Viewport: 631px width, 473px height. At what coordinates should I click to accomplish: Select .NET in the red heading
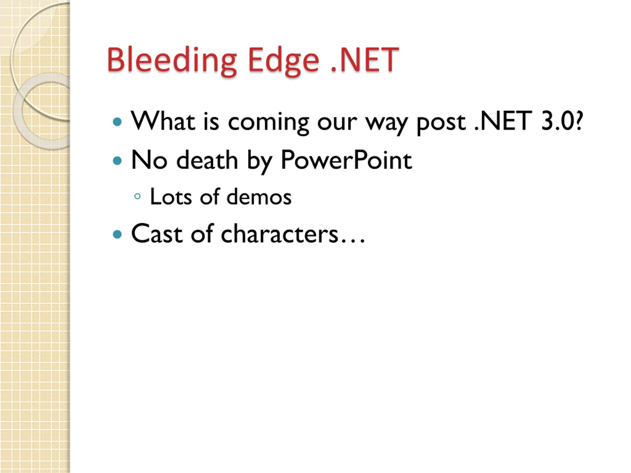tap(365, 59)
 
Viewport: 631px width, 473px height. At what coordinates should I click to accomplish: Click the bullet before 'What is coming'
tap(117, 122)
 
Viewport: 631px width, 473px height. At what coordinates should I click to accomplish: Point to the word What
tap(163, 121)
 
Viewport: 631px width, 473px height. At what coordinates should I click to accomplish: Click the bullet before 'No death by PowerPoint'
tap(117, 161)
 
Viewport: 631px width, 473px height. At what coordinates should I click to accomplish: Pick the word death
tap(207, 160)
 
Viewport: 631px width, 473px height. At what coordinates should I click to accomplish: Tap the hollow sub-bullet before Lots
tap(137, 196)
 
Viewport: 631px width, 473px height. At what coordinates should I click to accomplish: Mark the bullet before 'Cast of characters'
tap(117, 234)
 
